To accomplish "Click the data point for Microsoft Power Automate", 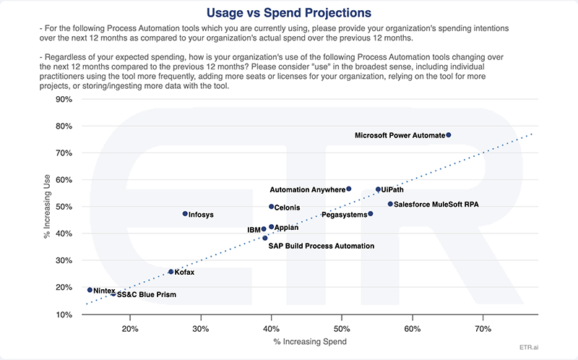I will click(448, 135).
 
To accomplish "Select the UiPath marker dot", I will click(378, 189).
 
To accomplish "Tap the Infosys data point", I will click(185, 214).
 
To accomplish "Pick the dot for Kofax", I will click(171, 272).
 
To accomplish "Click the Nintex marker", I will click(90, 290).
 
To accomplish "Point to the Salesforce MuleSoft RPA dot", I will click(390, 204).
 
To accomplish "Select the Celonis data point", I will click(271, 207).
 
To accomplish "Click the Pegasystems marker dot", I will click(371, 214).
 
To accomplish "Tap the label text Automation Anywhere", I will click(307, 190).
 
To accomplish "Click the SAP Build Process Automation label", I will click(322, 246).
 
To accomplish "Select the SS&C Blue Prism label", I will click(147, 295).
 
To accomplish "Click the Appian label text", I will click(287, 228).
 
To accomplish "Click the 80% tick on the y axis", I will click(64, 126).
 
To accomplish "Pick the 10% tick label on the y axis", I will click(64, 314).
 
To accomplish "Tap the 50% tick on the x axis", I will click(342, 330).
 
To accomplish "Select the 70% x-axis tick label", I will click(483, 330).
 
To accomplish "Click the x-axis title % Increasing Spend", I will click(306, 341).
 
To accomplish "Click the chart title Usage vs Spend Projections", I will click(289, 12).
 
